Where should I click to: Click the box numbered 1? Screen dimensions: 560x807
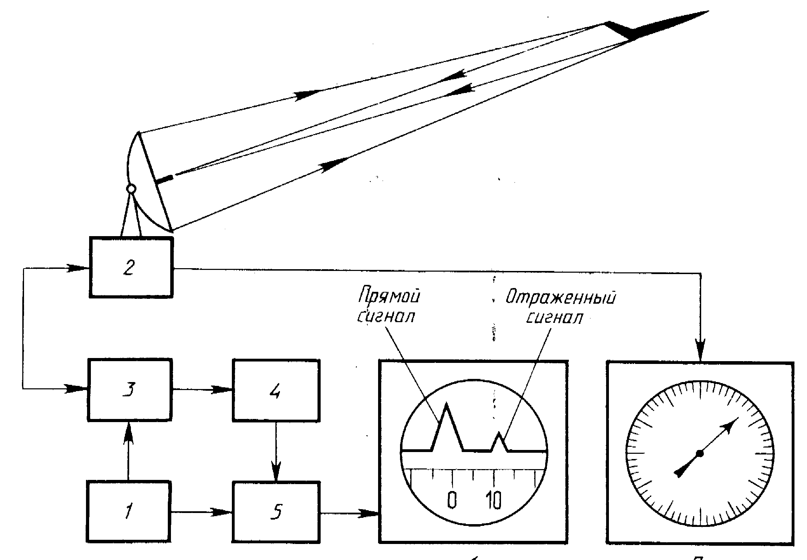coord(128,512)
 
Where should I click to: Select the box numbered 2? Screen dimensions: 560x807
coord(131,267)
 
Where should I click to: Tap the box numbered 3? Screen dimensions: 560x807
coord(130,389)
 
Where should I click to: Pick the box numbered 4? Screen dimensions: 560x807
coord(276,390)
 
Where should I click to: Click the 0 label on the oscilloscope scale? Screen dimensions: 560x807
coord(452,500)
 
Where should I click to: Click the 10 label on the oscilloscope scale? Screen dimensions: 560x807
coord(493,500)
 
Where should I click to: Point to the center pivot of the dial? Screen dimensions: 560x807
coord(700,453)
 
